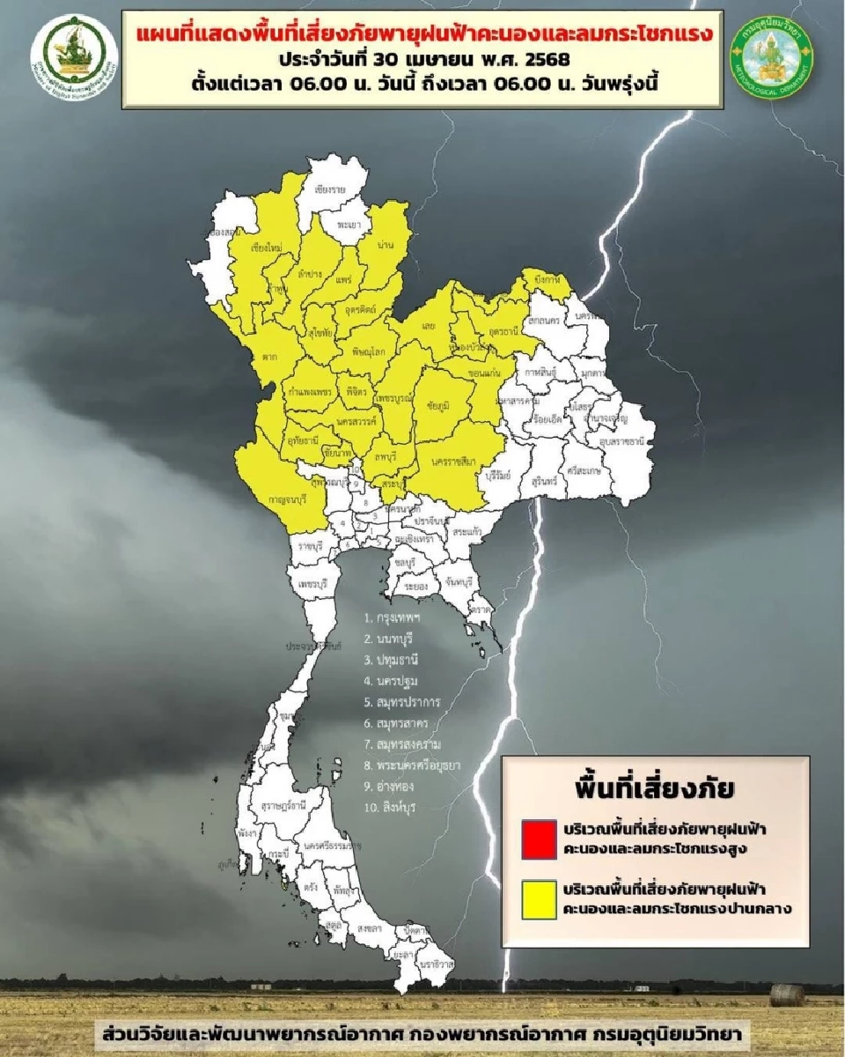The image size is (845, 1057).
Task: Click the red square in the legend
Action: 538,840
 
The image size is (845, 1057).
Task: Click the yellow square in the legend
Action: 538,900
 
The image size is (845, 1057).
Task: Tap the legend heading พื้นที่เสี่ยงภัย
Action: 655,787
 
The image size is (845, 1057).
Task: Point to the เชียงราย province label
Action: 328,189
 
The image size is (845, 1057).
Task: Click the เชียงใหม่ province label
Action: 266,249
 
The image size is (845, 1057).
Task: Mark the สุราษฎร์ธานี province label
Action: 283,805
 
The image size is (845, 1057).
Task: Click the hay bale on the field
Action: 786,994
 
